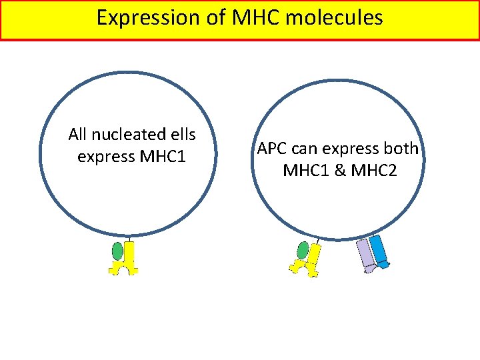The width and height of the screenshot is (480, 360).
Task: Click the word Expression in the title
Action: [x=140, y=17]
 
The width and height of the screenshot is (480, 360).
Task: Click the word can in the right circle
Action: [x=304, y=149]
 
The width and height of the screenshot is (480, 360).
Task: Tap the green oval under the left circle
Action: [x=118, y=251]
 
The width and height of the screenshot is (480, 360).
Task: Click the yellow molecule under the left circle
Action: [x=129, y=260]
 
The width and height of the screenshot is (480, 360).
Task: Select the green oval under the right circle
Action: [x=303, y=251]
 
